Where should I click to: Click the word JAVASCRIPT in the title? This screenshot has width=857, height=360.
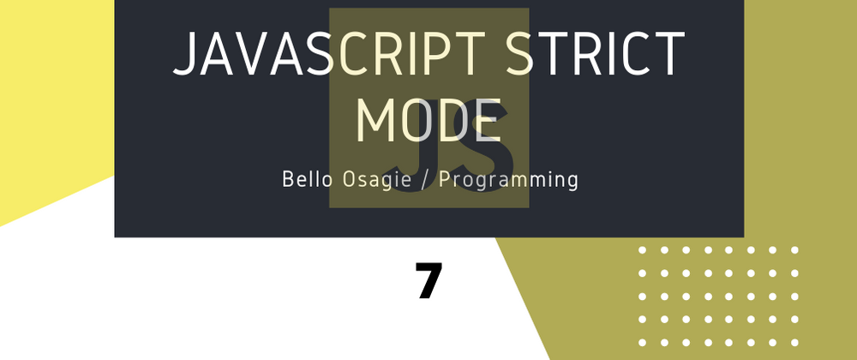(330, 53)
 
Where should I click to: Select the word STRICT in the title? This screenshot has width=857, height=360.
(596, 53)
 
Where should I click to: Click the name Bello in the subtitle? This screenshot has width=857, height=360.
(307, 179)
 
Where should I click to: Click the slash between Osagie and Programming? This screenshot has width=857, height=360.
(425, 180)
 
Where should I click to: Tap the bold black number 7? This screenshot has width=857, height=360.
(428, 280)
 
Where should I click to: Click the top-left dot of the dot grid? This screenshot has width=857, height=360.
(642, 250)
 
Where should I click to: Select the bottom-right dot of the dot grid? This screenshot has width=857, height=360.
(794, 343)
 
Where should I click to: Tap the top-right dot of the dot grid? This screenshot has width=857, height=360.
(794, 250)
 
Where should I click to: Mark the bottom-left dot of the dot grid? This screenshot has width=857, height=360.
(642, 343)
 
